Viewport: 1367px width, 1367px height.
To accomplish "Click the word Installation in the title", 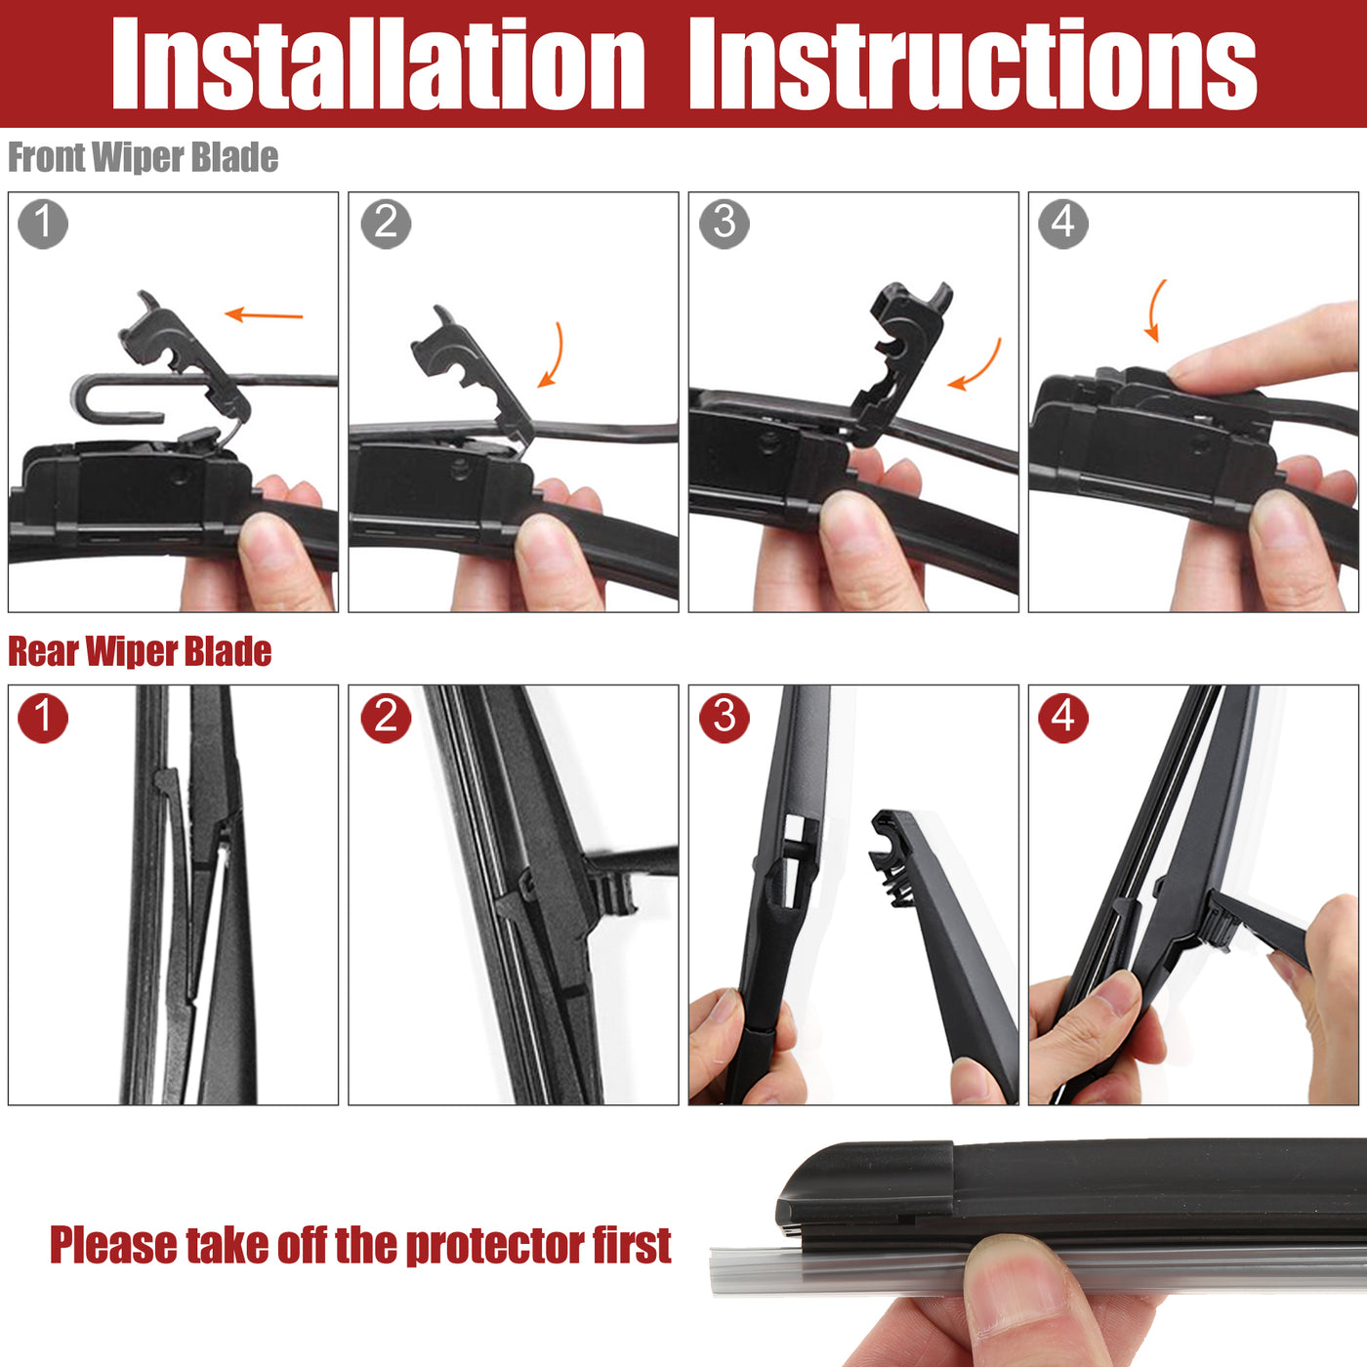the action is (378, 63).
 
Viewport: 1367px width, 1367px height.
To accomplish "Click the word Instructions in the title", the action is (973, 63).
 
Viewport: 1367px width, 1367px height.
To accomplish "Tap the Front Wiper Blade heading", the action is (143, 157).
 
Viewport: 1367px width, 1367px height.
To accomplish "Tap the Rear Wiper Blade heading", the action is (140, 651).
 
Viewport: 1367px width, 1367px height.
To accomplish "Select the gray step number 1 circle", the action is (43, 225).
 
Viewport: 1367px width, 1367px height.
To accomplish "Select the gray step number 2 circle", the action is (386, 225).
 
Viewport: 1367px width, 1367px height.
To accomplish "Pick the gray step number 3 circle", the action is (725, 225).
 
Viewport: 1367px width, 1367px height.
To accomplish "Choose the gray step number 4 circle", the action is (1062, 225).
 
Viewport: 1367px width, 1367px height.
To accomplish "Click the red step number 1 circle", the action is (43, 718).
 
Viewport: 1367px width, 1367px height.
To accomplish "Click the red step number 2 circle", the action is (386, 718).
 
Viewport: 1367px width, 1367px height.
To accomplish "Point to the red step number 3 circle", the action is (725, 718).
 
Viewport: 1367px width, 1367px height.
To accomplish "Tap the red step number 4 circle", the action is (1062, 718).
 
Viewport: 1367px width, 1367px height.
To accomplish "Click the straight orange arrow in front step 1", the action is (264, 314).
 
